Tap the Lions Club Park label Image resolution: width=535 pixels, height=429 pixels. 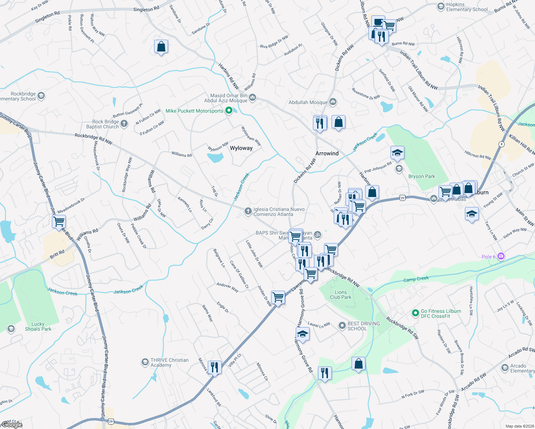340,295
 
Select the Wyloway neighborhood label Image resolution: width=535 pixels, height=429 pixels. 241,148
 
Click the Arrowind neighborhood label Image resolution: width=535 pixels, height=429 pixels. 327,153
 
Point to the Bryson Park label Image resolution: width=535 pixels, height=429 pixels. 422,176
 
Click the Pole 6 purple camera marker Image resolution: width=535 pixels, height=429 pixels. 501,256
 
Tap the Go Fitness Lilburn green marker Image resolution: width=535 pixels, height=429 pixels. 415,314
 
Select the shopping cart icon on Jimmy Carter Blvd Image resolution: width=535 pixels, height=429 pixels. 59,221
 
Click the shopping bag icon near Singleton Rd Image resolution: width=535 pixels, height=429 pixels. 161,46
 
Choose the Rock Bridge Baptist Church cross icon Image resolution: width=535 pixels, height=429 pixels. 124,124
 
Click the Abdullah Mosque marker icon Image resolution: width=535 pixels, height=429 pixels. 333,102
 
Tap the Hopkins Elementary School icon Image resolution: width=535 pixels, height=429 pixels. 441,7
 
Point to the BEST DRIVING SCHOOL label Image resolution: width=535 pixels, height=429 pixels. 364,326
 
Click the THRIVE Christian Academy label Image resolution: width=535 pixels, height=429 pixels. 169,363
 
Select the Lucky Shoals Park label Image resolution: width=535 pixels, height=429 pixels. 38,326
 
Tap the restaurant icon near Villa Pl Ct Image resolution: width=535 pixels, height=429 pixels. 215,367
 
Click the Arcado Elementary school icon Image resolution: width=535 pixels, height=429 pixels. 505,368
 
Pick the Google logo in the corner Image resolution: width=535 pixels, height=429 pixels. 12,425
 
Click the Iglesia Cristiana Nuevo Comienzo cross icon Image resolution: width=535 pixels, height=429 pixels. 248,212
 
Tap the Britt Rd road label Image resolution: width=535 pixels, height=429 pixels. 57,254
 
